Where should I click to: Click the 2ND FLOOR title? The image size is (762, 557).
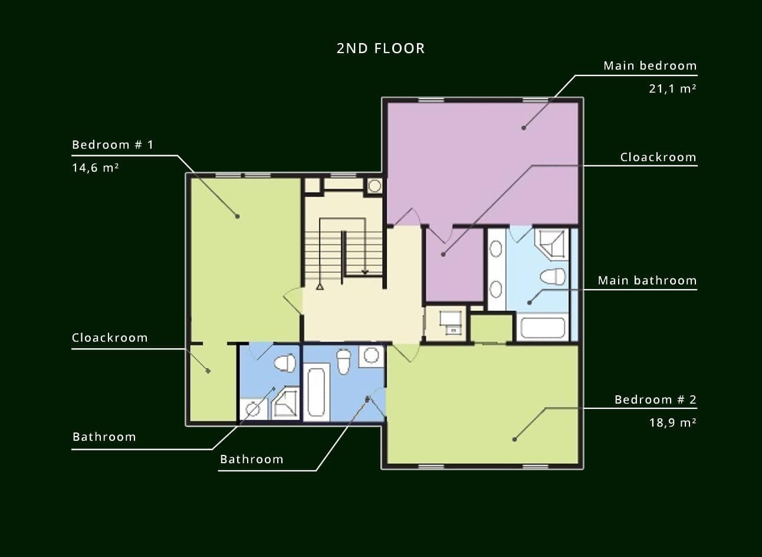click(380, 48)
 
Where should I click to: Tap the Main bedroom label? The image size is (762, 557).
click(650, 65)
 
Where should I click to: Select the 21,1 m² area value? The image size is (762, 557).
click(672, 89)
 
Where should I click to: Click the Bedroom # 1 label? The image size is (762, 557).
click(113, 145)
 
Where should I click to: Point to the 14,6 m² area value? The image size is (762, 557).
click(96, 168)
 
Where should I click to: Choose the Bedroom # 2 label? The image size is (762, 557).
click(655, 399)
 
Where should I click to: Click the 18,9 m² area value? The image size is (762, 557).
click(672, 422)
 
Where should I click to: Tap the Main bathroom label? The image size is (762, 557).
click(648, 280)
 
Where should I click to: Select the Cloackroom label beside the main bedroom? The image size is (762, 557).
click(658, 157)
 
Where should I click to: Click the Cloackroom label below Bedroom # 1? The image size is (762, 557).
click(110, 338)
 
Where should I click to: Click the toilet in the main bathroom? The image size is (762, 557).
click(553, 276)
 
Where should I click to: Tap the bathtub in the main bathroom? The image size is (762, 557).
click(543, 327)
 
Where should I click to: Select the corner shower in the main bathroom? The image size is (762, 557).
click(551, 244)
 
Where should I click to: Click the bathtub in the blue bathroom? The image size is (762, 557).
click(316, 392)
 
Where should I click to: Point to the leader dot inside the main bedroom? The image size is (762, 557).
click(524, 128)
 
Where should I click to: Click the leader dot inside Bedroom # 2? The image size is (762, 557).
click(515, 440)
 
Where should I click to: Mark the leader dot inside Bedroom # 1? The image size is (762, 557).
click(238, 217)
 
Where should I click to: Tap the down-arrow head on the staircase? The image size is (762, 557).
click(365, 272)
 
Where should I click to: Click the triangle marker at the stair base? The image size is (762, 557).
click(320, 287)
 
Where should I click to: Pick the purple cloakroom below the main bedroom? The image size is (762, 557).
click(455, 266)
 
